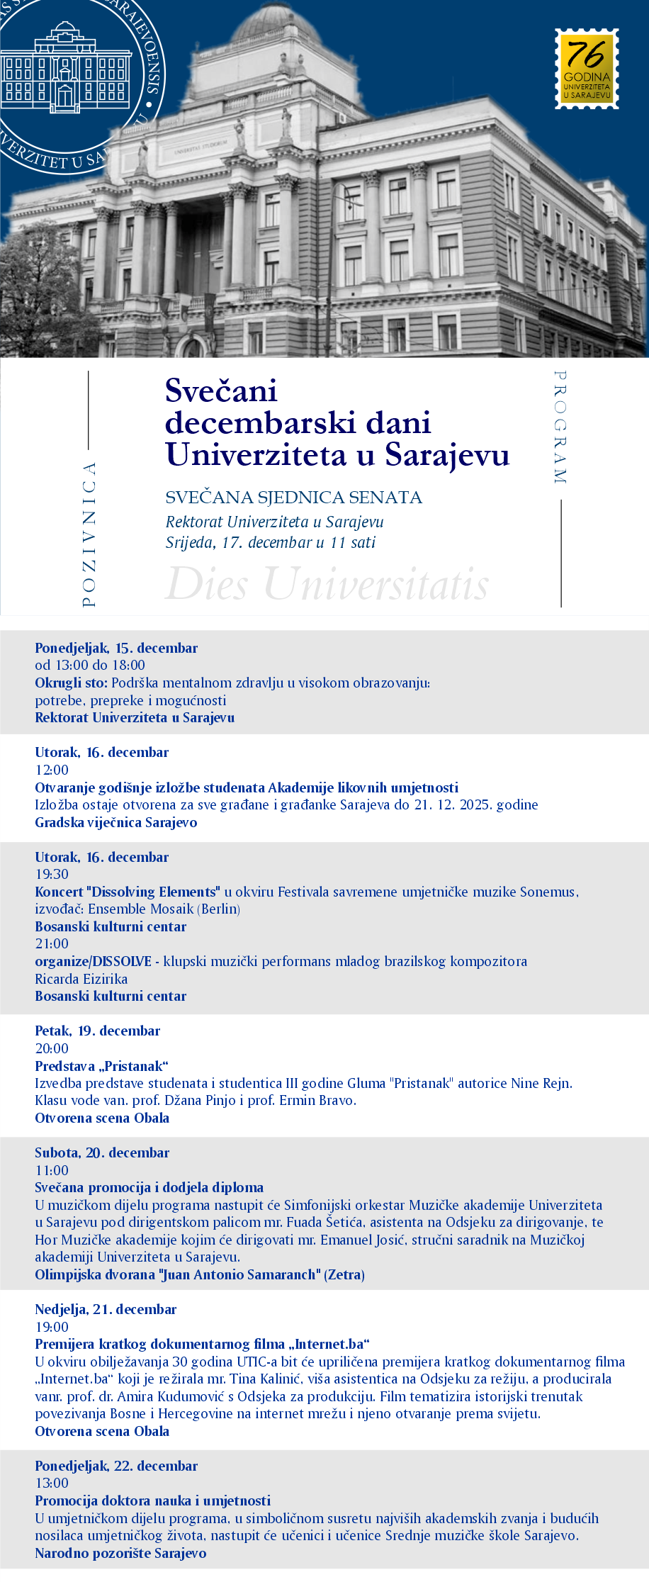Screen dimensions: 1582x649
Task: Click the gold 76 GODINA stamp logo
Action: [x=587, y=69]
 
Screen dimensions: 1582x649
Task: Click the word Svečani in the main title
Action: [x=221, y=391]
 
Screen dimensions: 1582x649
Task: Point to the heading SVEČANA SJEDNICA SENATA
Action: [x=293, y=498]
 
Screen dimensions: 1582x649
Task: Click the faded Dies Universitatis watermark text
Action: [x=327, y=584]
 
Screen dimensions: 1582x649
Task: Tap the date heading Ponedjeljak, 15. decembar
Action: [x=116, y=648]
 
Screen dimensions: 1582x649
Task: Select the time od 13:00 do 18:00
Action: [x=90, y=665]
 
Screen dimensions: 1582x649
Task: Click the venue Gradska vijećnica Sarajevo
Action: [x=116, y=822]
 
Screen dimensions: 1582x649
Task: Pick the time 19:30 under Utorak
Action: [x=52, y=874]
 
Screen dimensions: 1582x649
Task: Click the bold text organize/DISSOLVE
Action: [x=94, y=961]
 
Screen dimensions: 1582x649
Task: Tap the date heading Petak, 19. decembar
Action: [x=98, y=1031]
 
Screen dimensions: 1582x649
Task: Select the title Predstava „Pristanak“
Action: [x=102, y=1066]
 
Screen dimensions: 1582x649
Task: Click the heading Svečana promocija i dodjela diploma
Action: [x=149, y=1187]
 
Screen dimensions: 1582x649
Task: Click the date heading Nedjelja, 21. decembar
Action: [x=106, y=1309]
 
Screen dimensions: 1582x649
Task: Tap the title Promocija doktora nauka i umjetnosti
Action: [x=153, y=1500]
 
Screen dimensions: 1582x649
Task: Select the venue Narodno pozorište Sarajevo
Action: [x=121, y=1553]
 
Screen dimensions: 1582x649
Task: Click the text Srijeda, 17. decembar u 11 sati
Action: [x=271, y=543]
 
